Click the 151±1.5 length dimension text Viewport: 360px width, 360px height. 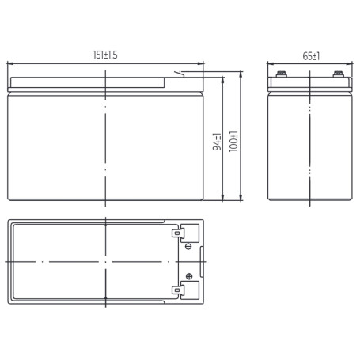[x=105, y=55]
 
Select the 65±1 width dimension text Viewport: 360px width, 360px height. [x=311, y=56]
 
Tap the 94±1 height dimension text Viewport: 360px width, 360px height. [x=217, y=142]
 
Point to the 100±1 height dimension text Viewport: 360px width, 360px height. [x=233, y=141]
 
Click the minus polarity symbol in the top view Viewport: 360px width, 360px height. [x=188, y=247]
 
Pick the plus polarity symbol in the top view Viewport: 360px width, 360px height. [x=189, y=276]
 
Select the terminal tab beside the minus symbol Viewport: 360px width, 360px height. [x=177, y=233]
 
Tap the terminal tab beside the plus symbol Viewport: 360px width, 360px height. [x=177, y=290]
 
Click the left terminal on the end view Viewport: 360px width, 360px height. [x=282, y=74]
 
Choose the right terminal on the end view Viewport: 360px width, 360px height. [x=339, y=74]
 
